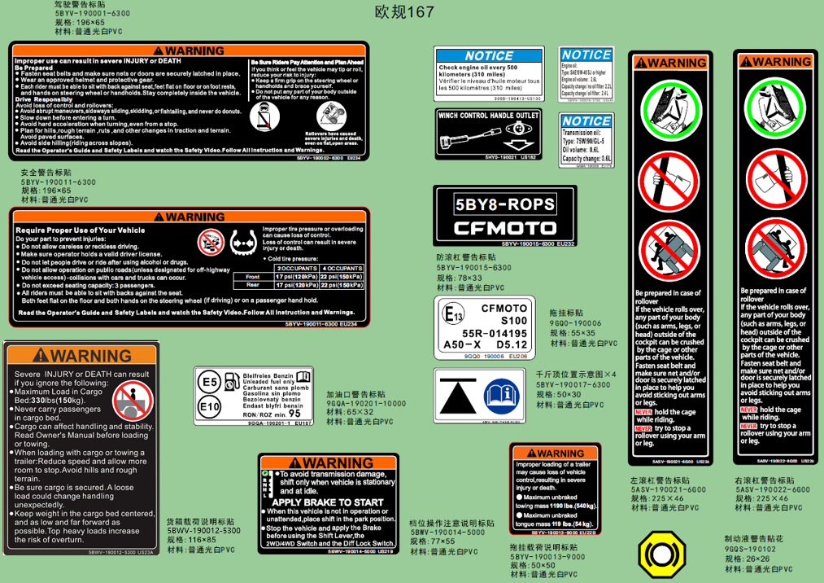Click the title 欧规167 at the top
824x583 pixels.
(404, 12)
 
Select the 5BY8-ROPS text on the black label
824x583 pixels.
(504, 204)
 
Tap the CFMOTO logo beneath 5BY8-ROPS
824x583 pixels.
(504, 228)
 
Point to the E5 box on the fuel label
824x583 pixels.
(210, 381)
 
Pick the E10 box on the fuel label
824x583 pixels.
(210, 405)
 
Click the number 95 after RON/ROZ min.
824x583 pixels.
(306, 414)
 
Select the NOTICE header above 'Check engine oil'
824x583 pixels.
(489, 56)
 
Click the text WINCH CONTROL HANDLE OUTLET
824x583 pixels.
(489, 116)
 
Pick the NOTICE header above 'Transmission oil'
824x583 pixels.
(586, 121)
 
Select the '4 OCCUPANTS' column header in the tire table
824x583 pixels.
(342, 268)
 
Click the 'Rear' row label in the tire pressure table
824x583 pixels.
(253, 285)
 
